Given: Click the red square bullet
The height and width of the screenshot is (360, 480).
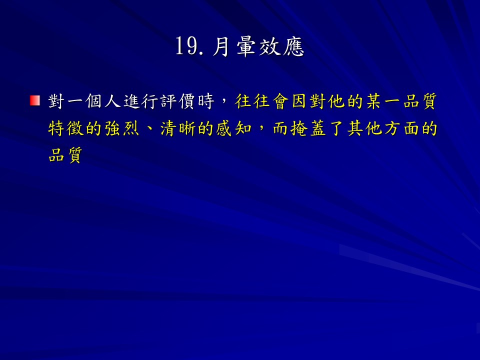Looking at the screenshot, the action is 35,100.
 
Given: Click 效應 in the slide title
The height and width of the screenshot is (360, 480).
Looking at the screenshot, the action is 281,47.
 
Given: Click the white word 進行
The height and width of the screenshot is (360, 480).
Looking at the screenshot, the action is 140,101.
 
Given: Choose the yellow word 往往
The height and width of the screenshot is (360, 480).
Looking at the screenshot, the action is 252,101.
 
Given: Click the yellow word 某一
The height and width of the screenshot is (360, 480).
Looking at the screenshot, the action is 383,101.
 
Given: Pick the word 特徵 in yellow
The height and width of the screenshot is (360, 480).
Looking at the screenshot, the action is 66,128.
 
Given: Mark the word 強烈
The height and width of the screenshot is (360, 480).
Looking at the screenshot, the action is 122,128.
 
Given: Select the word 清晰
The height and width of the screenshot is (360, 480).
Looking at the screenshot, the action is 178,128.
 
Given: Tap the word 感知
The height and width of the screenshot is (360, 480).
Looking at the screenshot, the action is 234,128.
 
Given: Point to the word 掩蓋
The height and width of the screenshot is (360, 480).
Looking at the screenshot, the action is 308,128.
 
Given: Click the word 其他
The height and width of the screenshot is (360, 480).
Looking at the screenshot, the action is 364,128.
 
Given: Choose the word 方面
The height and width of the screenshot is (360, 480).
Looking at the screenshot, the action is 402,128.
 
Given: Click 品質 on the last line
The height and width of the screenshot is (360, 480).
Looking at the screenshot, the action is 66,155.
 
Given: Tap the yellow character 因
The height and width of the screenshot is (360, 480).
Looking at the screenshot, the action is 299,101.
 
